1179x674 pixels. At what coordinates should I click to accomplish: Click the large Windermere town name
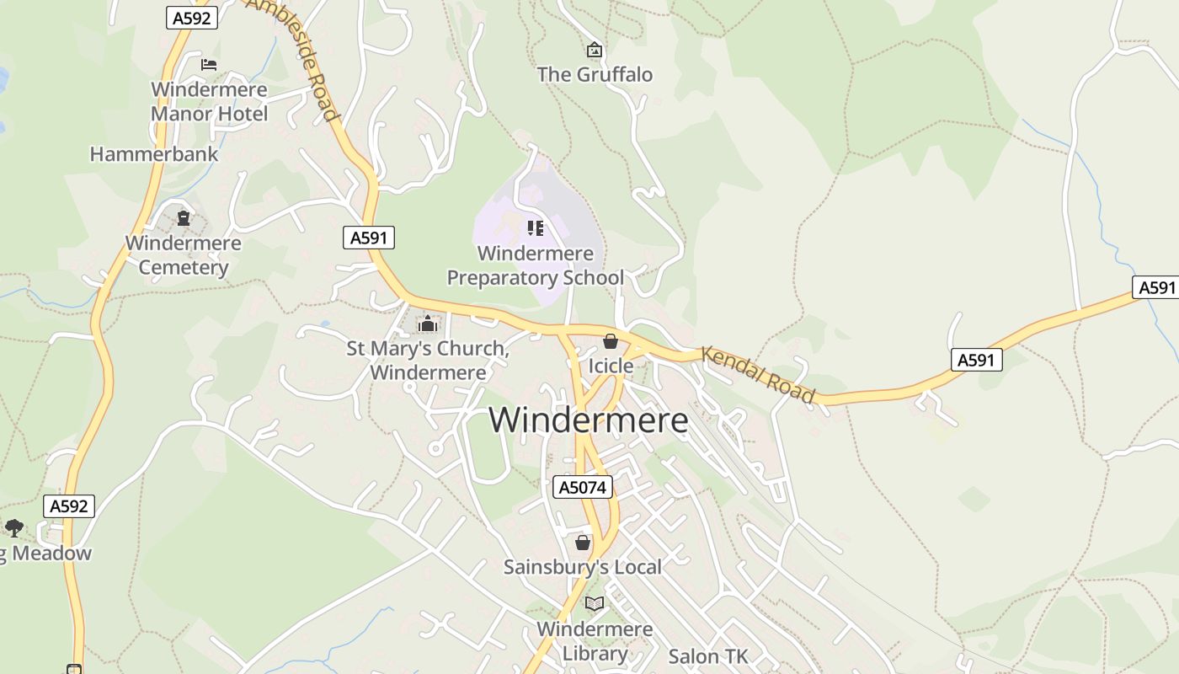coord(588,420)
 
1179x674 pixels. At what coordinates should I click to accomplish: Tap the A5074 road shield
coord(583,487)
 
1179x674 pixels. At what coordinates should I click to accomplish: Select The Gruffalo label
coord(595,74)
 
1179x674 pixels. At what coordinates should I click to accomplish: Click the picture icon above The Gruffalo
coord(595,51)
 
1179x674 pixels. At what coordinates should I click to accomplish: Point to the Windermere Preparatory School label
coord(536,265)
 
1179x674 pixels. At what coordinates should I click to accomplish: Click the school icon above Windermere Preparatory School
coord(536,227)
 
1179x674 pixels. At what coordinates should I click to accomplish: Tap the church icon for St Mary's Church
coord(428,324)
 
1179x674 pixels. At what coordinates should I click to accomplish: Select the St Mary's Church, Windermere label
coord(428,361)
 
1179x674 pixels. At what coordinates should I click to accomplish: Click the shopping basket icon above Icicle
coord(611,341)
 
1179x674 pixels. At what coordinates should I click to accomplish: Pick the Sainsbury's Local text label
coord(583,567)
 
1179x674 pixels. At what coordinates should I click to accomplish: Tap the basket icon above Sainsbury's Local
coord(583,543)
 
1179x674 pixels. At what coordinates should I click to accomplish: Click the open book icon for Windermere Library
coord(595,603)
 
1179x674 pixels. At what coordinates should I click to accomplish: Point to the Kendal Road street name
coord(758,374)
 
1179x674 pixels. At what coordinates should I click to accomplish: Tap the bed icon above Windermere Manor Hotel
coord(209,64)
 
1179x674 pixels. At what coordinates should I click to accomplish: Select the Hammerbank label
coord(154,154)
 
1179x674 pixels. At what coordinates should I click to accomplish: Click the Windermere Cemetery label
coord(184,255)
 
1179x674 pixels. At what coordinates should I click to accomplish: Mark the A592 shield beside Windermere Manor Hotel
coord(192,18)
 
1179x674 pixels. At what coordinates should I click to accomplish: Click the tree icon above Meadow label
coord(13,528)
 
